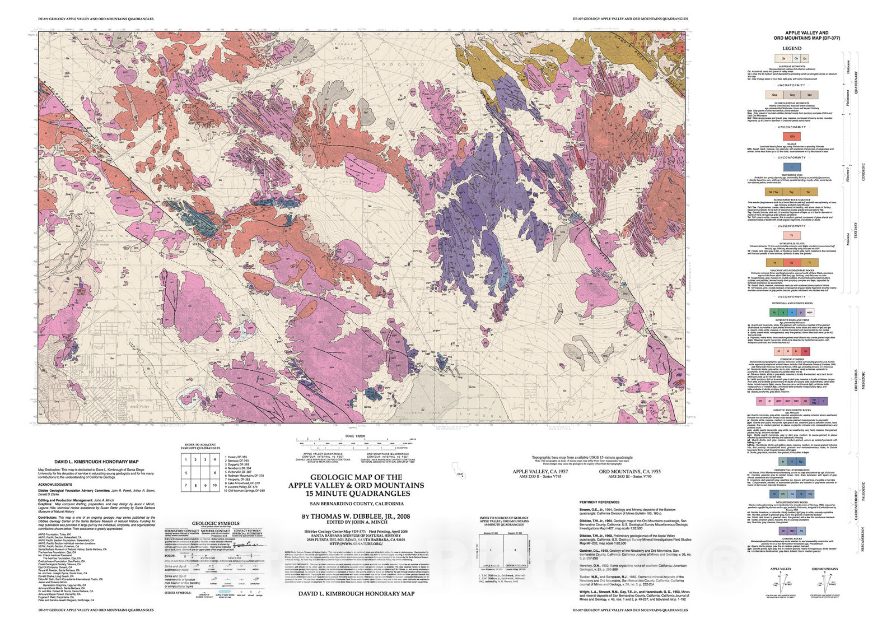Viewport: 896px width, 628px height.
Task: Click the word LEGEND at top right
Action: (791, 48)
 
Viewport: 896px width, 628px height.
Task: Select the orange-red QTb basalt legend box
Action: (792, 136)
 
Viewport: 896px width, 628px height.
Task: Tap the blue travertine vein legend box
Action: (792, 167)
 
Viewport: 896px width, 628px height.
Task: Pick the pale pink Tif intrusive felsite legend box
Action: (792, 236)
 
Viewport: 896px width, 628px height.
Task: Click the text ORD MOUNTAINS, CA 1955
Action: (629, 472)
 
